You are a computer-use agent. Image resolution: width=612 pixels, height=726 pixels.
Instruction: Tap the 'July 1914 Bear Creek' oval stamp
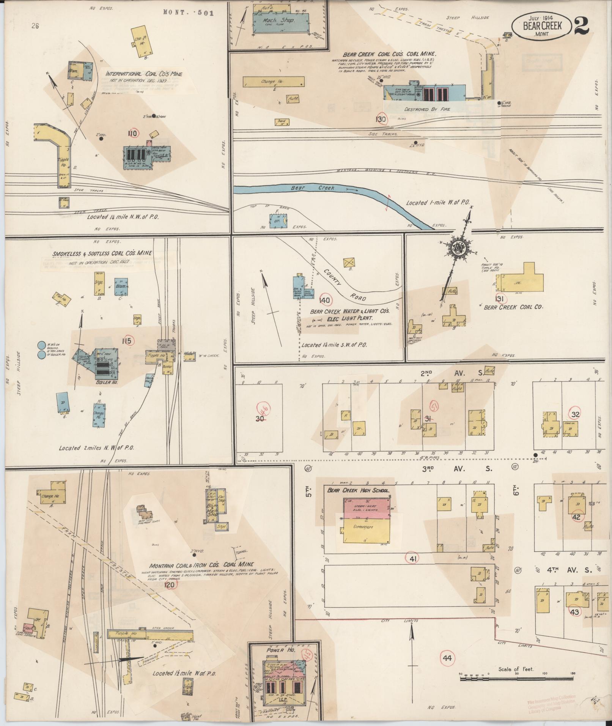pyautogui.click(x=542, y=26)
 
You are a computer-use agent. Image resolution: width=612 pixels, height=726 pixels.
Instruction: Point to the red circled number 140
pyautogui.click(x=325, y=300)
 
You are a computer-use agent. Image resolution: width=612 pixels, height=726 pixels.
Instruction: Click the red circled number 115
pyautogui.click(x=126, y=341)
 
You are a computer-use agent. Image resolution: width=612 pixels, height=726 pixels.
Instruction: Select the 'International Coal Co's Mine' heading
pyautogui.click(x=144, y=74)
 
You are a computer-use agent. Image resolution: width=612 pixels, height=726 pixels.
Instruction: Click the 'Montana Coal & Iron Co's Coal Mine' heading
pyautogui.click(x=202, y=564)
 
